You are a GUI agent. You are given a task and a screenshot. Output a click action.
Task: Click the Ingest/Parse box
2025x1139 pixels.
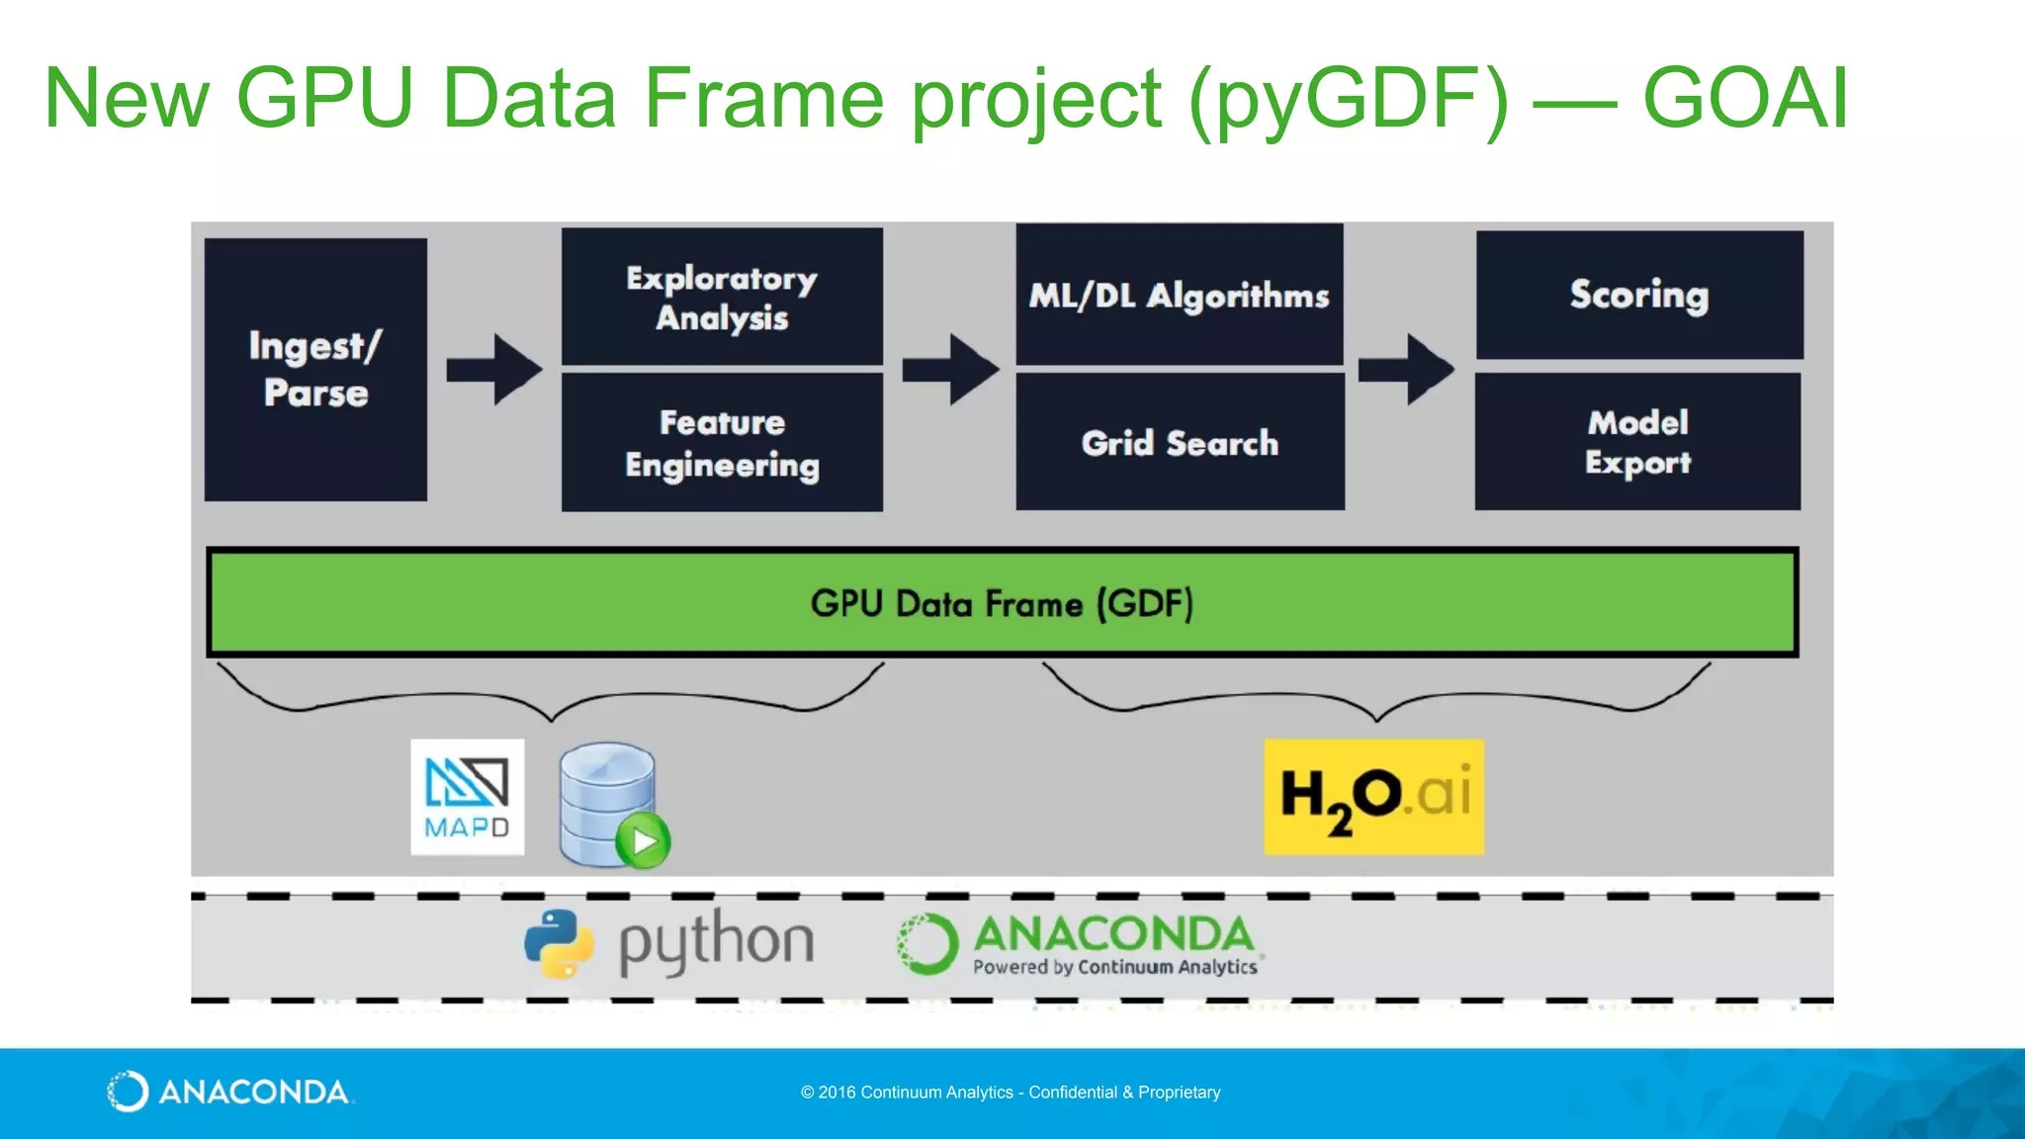315,369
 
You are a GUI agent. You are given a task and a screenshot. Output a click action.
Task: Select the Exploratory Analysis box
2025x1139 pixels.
722,297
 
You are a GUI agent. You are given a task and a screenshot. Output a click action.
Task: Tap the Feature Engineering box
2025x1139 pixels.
722,442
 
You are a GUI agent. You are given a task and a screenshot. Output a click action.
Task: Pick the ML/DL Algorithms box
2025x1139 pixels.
1179,295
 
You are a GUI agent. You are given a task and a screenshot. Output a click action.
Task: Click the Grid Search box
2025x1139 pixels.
1180,442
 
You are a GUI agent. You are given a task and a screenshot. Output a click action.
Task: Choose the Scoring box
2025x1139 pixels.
1639,295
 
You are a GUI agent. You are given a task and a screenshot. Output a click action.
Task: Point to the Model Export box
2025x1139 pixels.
1637,442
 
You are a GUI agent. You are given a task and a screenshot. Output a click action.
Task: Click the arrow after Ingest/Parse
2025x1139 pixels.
494,369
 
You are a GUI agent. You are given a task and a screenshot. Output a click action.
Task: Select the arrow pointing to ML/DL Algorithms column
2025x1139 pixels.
950,369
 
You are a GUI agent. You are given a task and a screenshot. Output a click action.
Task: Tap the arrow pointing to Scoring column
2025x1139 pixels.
1406,369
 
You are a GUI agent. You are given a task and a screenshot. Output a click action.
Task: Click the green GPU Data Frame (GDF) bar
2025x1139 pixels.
1002,602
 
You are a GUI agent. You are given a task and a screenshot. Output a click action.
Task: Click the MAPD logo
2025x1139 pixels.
467,797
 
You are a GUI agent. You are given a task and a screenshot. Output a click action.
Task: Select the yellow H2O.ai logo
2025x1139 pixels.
1373,796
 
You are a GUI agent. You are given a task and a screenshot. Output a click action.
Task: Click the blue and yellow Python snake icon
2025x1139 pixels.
559,942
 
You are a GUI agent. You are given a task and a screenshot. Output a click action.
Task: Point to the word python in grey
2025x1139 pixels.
716,942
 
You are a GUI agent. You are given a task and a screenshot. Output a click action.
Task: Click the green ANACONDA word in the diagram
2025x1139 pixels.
1113,933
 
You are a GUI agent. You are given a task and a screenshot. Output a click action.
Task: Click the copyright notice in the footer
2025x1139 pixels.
1011,1093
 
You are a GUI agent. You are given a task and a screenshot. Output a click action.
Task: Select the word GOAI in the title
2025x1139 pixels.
1745,98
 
